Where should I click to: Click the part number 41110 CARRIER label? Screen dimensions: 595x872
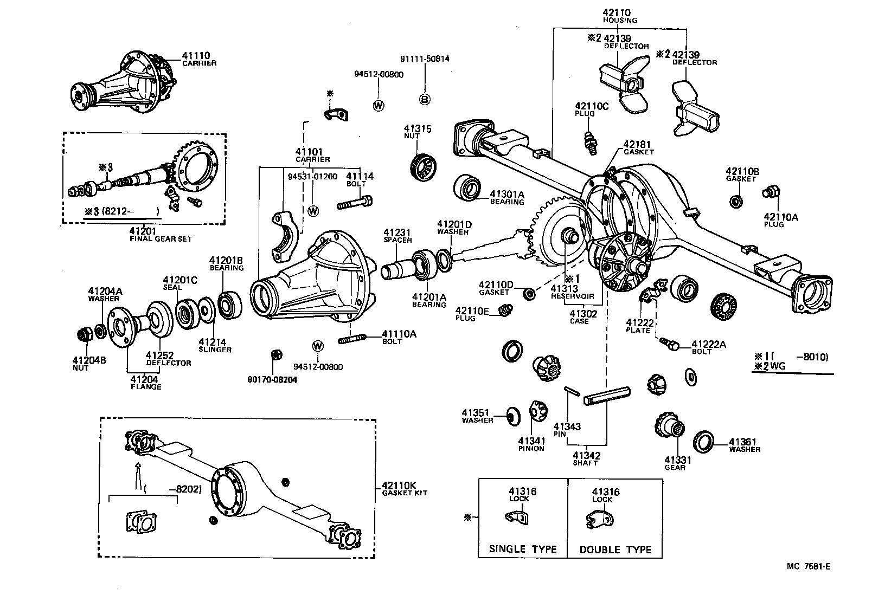pos(198,59)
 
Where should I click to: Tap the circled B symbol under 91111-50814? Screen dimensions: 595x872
pos(425,99)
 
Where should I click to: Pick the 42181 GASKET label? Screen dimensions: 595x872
pos(638,147)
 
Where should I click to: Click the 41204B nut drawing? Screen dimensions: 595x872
pos(86,335)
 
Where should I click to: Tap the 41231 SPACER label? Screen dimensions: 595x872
pos(397,235)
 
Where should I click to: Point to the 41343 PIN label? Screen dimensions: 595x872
pos(567,430)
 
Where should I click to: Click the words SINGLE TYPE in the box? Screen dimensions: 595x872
pos(522,549)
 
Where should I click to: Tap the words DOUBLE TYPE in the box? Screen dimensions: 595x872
pos(615,549)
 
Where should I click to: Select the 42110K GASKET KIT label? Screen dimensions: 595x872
pos(404,488)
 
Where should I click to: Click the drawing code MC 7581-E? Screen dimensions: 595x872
pos(809,567)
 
